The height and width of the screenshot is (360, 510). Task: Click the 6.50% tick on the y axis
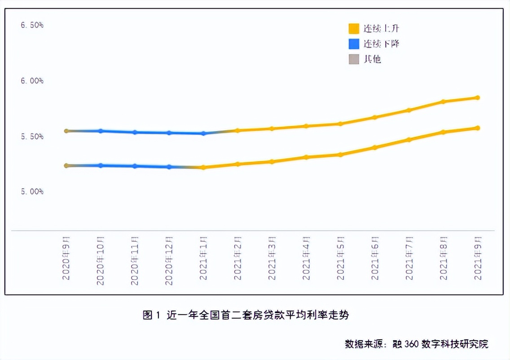[x=32, y=25]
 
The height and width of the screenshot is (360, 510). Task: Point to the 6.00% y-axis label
[x=32, y=81]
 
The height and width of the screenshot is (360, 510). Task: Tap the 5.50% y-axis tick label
[x=32, y=136]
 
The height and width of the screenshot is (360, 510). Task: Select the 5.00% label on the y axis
[x=32, y=192]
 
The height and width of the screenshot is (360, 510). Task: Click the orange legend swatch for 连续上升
[x=354, y=29]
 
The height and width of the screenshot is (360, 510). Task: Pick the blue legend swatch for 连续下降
[x=354, y=44]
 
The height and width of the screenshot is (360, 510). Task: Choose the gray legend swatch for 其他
[x=354, y=59]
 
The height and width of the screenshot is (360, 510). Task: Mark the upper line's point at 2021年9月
[x=478, y=97]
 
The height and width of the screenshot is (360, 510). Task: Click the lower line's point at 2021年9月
[x=478, y=128]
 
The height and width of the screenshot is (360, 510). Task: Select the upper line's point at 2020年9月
[x=66, y=131]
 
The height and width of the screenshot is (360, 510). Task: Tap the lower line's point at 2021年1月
[x=203, y=167]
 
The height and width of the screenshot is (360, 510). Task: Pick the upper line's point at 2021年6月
[x=375, y=117]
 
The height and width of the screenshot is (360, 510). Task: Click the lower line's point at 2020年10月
[x=101, y=165]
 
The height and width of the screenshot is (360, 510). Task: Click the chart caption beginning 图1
[x=246, y=315]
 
